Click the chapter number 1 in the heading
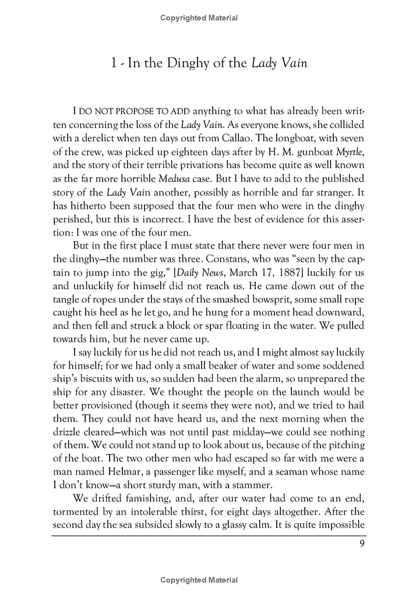tap(114, 63)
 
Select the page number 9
tap(362, 545)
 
